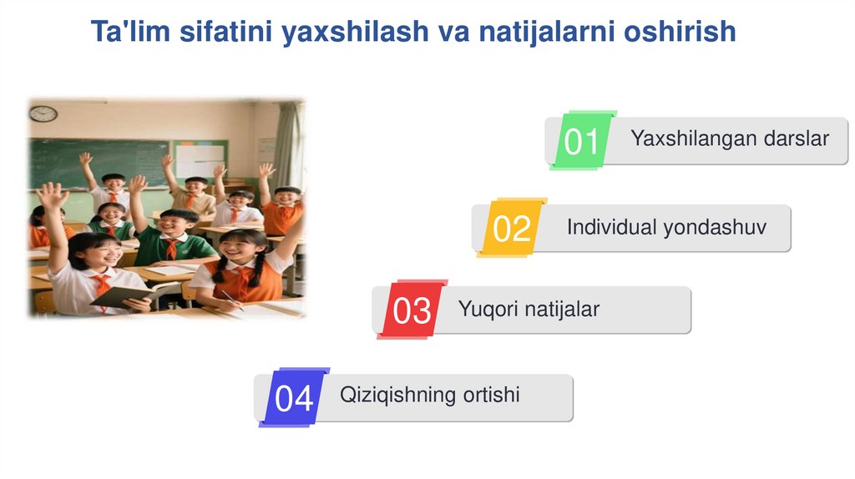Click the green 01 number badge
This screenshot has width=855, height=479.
[582, 140]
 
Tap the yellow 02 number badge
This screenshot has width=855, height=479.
[512, 228]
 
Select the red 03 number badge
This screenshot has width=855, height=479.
[412, 310]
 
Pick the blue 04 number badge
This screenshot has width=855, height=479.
[294, 398]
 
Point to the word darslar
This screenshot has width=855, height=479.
[797, 139]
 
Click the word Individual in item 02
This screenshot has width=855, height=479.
[607, 227]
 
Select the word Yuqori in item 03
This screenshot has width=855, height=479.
[488, 310]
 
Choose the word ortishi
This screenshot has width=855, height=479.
[491, 395]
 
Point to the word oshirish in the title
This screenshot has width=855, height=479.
[680, 31]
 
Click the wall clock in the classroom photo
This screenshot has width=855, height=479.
[43, 113]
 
